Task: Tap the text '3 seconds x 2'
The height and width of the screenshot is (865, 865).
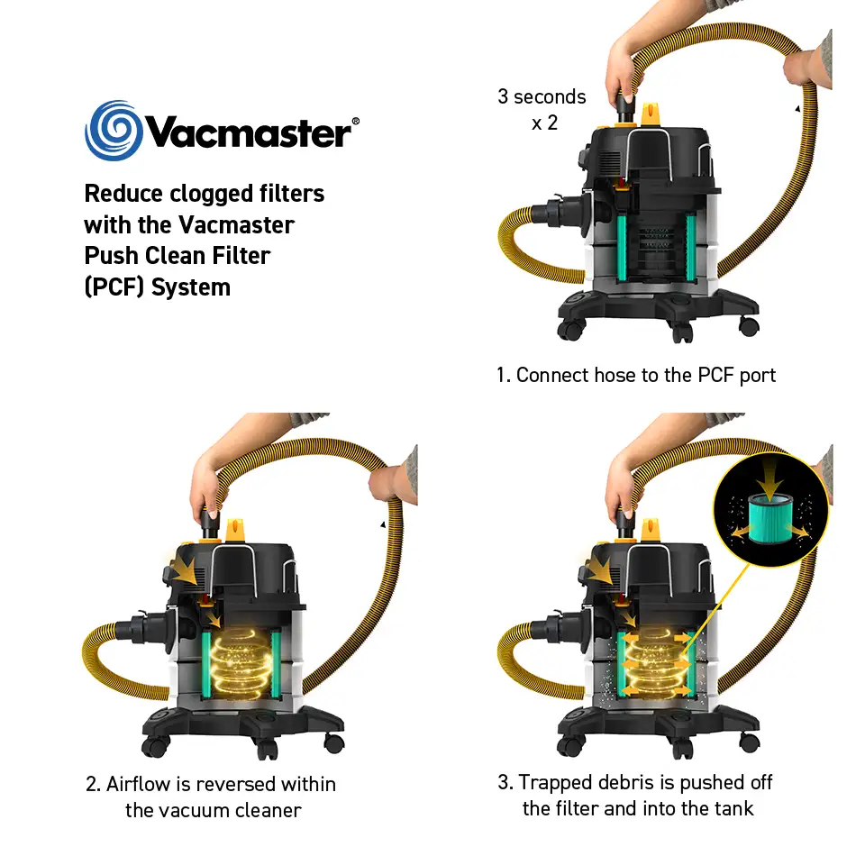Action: click(x=542, y=109)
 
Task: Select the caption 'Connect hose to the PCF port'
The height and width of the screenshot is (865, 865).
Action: click(x=635, y=375)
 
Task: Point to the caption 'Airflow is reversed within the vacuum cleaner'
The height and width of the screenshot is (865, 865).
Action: click(x=212, y=797)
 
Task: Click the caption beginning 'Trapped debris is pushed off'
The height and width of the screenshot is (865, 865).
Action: click(x=636, y=795)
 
